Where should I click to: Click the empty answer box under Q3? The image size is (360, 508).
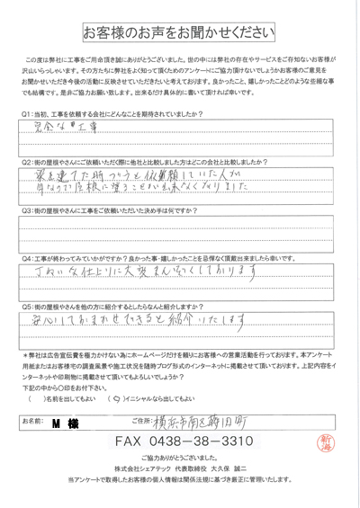click(180, 237)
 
